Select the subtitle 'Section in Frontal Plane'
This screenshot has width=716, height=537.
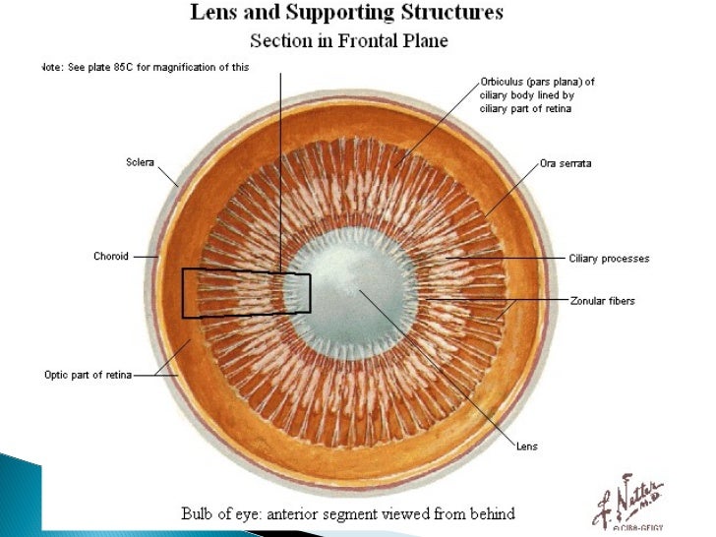(349, 40)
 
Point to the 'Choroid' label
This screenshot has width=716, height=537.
(111, 257)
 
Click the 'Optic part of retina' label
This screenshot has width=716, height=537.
(88, 374)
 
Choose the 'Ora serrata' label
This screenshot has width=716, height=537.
(566, 163)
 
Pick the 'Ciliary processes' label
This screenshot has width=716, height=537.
(609, 259)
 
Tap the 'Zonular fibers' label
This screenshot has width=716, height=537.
(603, 301)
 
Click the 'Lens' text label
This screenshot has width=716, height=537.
(527, 446)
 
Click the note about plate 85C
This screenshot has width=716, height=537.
(145, 67)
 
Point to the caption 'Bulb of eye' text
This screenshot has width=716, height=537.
(345, 513)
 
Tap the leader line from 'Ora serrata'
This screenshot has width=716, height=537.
(511, 188)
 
